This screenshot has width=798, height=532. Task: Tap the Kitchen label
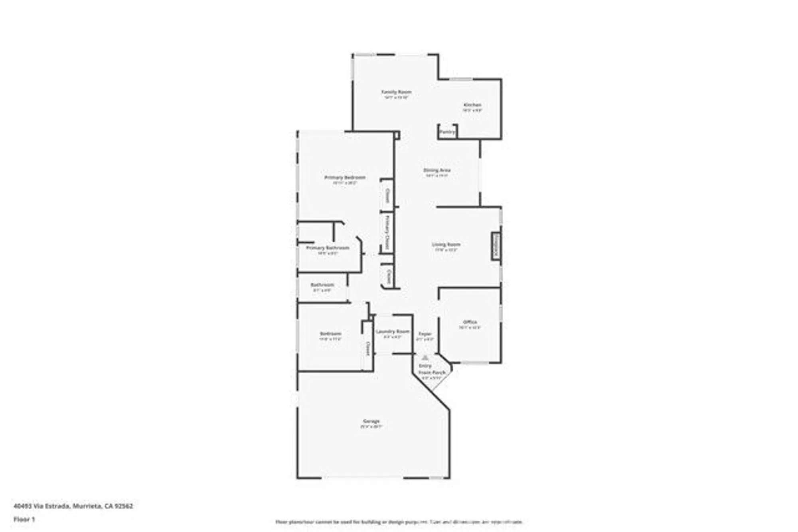tap(472, 105)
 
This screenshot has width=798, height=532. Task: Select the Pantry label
tap(447, 132)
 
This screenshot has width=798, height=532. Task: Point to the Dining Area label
tap(437, 170)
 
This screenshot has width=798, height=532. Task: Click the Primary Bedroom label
tap(345, 177)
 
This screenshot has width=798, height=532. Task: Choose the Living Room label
tap(446, 244)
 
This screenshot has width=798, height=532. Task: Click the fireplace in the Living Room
tap(496, 246)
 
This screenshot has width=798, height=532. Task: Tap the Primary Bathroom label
tap(328, 248)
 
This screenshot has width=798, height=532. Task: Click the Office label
tap(470, 322)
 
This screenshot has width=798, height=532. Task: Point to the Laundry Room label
tap(393, 331)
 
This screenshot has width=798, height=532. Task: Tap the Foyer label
tap(425, 334)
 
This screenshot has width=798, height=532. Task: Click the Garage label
tap(371, 421)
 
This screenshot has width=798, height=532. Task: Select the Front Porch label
tap(432, 372)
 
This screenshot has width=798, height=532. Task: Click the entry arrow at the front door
tap(425, 358)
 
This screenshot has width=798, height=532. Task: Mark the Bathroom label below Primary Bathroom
tap(322, 285)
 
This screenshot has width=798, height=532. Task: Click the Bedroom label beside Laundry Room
tap(330, 334)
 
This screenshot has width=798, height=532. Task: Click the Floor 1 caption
tap(24, 519)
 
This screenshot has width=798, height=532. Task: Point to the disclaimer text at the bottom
tap(399, 522)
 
